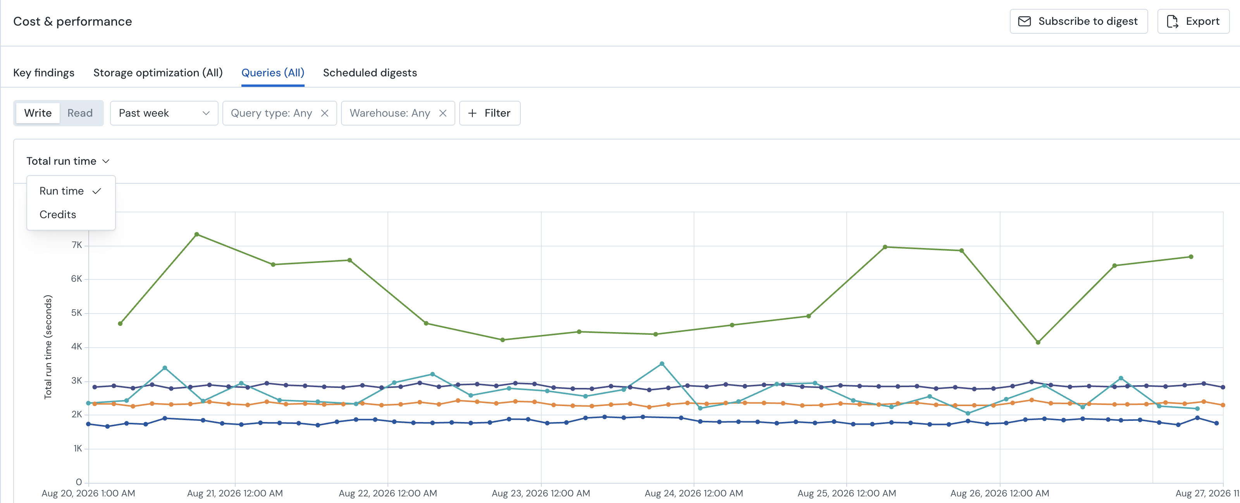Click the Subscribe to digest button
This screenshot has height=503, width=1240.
1078,21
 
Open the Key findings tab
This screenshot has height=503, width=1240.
44,73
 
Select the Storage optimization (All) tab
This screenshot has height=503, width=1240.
158,73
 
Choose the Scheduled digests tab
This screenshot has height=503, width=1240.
370,73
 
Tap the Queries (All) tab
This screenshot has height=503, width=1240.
273,73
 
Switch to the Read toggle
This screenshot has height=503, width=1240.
80,113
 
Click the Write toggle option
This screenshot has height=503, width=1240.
38,113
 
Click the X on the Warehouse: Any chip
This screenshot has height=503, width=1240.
443,113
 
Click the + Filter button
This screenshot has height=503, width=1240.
489,113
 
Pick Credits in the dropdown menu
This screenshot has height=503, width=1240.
58,215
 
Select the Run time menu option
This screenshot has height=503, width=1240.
62,191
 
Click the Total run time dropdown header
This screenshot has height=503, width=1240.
68,161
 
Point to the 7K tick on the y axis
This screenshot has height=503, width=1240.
77,245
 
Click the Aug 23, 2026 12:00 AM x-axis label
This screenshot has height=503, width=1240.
541,493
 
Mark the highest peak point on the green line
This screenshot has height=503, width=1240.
196,234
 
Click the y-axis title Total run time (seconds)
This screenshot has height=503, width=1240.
48,346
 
